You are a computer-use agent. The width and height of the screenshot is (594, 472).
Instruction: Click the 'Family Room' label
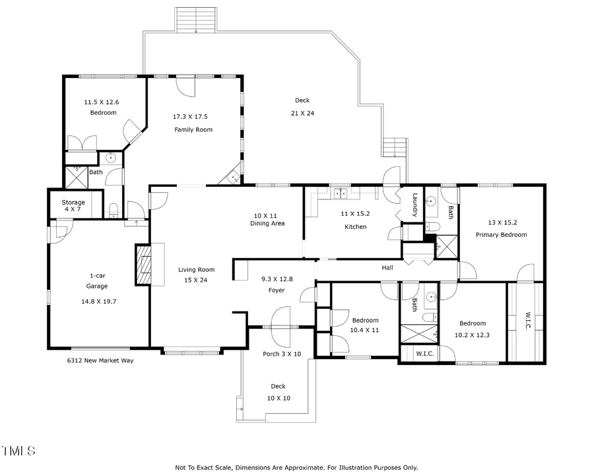click(193, 129)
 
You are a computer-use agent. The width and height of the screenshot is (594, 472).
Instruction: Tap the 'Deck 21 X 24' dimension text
click(302, 113)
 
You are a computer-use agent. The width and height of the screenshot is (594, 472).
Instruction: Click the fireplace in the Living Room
click(143, 265)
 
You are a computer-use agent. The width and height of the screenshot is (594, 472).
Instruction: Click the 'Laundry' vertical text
click(415, 204)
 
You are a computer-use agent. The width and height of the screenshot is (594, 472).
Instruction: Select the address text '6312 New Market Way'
click(100, 360)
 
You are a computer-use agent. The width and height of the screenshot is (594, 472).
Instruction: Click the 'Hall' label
click(387, 268)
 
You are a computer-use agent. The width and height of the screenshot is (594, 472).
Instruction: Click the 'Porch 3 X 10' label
click(282, 354)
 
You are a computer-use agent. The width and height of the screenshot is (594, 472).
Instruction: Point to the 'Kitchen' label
click(354, 226)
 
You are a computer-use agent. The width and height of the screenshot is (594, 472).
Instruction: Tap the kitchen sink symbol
click(341, 193)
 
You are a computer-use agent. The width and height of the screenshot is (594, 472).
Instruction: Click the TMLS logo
click(18, 452)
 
